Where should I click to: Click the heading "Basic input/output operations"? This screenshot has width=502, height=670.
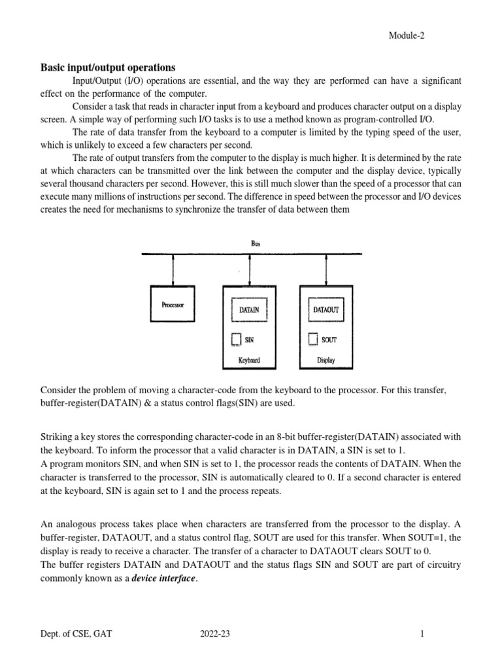point(109,67)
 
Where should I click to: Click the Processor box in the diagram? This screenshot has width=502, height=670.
point(173,305)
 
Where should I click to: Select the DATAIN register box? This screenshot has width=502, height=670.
point(249,309)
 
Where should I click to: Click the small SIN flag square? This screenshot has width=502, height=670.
point(236,339)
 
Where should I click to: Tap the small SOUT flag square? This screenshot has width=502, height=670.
point(312,339)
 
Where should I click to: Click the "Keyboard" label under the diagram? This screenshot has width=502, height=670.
point(249,360)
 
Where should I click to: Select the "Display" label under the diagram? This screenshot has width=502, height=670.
point(326,360)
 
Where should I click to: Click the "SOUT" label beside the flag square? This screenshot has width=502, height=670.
point(329,340)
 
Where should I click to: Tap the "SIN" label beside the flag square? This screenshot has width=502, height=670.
point(249,340)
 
